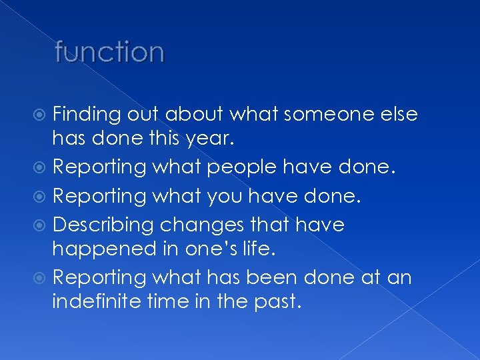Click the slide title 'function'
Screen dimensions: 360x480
(x=109, y=52)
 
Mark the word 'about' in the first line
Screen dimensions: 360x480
(x=192, y=115)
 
